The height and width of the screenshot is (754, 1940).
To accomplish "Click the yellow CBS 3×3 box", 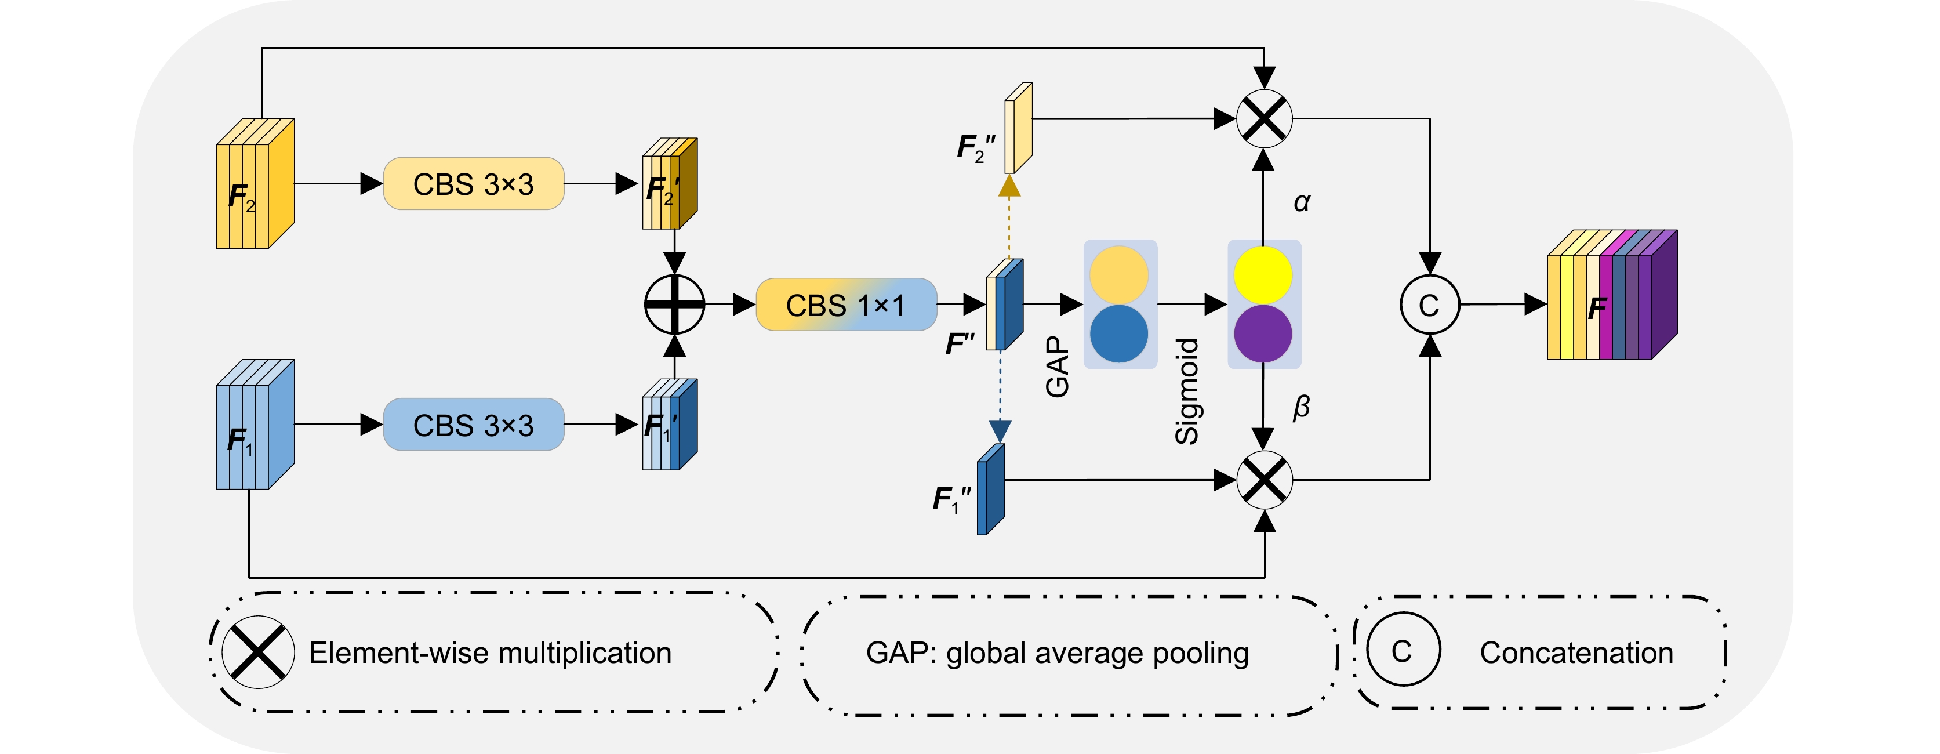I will pyautogui.click(x=473, y=184).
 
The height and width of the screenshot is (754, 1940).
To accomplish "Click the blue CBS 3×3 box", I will pyautogui.click(x=473, y=425).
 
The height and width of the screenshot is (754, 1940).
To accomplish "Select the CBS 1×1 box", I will pyautogui.click(x=846, y=305).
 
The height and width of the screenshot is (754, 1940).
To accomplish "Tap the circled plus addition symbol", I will pyautogui.click(x=675, y=304).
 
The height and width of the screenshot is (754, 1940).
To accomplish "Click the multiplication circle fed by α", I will pyautogui.click(x=1265, y=119).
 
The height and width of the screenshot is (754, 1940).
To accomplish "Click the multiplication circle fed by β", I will pyautogui.click(x=1265, y=480).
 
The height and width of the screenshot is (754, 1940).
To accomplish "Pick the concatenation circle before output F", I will pyautogui.click(x=1429, y=305).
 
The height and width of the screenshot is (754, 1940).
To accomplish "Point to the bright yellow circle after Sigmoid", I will pyautogui.click(x=1263, y=275).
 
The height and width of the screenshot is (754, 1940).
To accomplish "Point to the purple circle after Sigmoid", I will pyautogui.click(x=1263, y=333).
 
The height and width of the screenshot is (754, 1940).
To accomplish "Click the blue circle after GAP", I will pyautogui.click(x=1119, y=333).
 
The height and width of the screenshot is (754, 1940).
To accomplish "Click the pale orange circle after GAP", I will pyautogui.click(x=1119, y=275).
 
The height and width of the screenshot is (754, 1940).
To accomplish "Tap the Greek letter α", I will pyautogui.click(x=1302, y=202).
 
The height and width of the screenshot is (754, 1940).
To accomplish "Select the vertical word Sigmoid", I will pyautogui.click(x=1187, y=391).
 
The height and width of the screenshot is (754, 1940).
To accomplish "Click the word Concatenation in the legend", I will pyautogui.click(x=1576, y=653).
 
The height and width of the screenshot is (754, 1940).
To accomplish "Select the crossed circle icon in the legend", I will pyautogui.click(x=257, y=652).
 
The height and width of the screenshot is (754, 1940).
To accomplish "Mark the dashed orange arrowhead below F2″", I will pyautogui.click(x=1009, y=186).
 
